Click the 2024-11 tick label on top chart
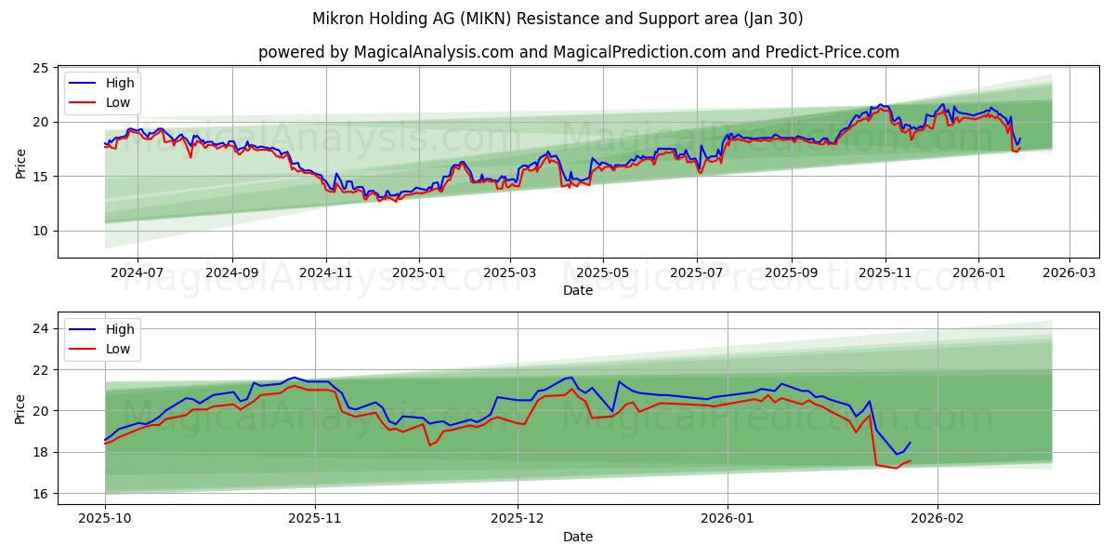coord(326,273)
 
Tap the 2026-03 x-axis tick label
coord(1069,273)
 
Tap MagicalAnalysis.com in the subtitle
coord(434,52)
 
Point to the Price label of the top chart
coord(20,162)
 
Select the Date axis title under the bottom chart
coord(578,538)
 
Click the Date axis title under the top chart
coord(578,290)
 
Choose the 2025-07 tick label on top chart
coord(697,273)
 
